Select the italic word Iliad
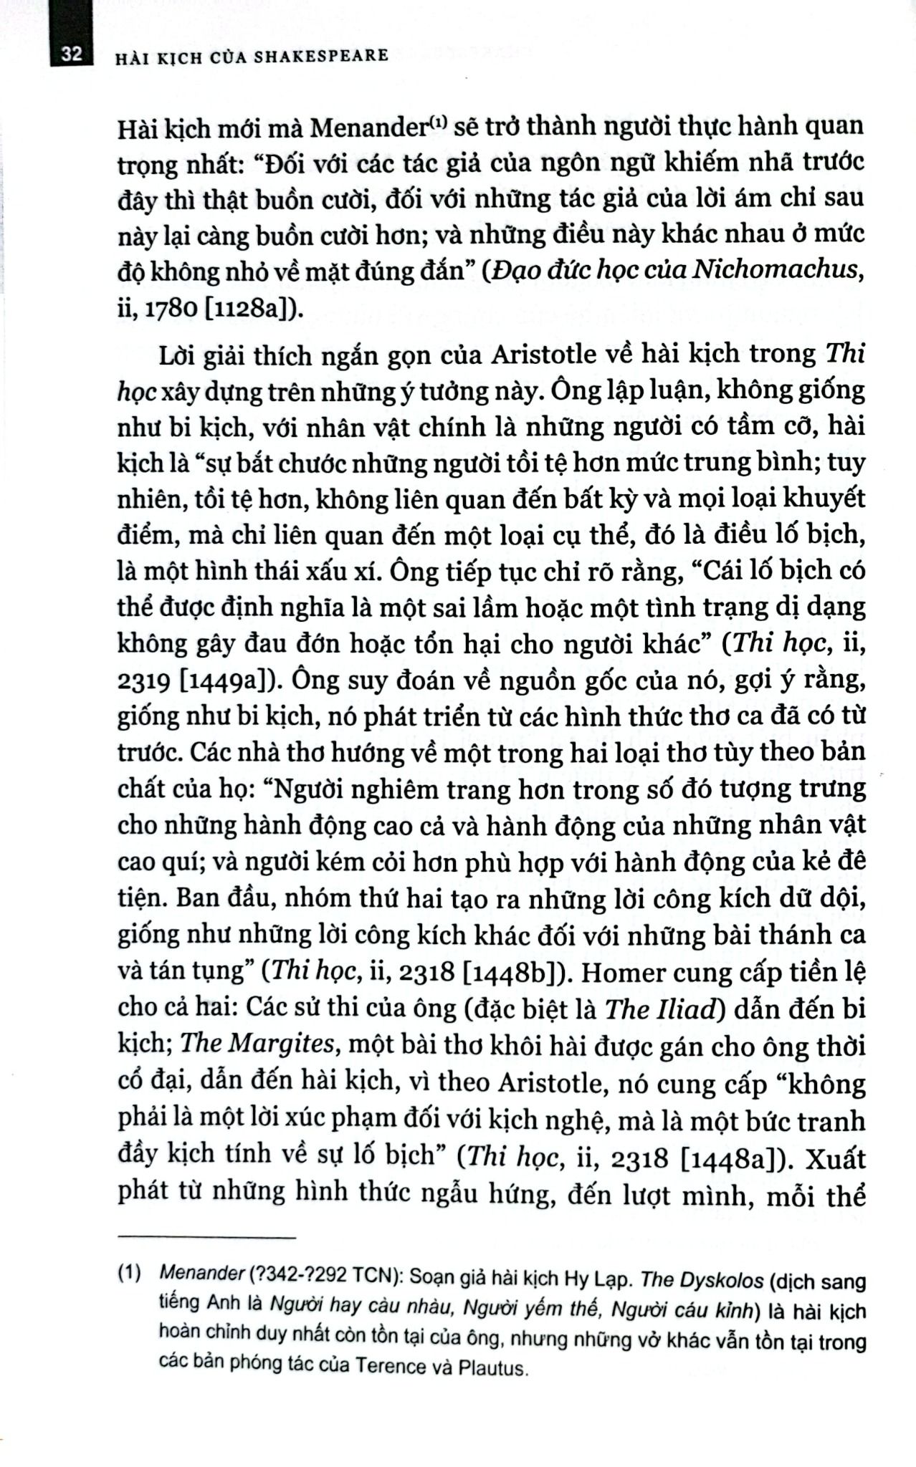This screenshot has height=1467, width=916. pyautogui.click(x=683, y=1009)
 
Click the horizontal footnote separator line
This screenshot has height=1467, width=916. pyautogui.click(x=206, y=1238)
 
